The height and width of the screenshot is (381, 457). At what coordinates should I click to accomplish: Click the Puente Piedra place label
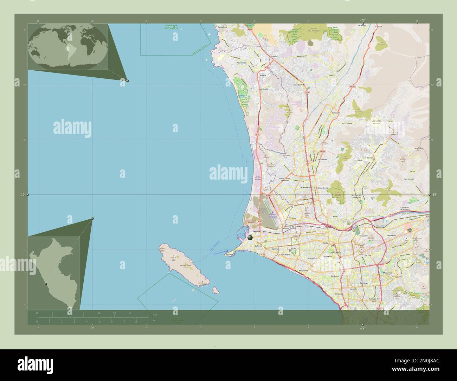click(x=300, y=85)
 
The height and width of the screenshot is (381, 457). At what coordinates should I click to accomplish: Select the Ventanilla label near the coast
click(x=264, y=89)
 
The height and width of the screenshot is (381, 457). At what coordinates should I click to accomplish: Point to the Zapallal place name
click(x=275, y=56)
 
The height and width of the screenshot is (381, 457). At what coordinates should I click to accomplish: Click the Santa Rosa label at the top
click(x=223, y=27)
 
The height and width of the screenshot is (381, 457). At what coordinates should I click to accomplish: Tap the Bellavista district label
click(x=258, y=246)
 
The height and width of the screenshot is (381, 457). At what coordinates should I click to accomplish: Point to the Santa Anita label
click(x=392, y=235)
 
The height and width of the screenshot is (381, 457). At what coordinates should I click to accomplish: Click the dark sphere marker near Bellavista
click(x=250, y=238)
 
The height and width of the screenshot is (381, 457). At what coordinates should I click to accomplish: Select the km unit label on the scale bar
click(x=155, y=314)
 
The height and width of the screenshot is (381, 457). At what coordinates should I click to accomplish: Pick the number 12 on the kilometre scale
click(x=130, y=313)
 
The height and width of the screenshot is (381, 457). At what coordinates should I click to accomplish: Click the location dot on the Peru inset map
click(x=45, y=284)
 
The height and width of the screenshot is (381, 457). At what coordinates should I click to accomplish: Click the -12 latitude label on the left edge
click(x=22, y=195)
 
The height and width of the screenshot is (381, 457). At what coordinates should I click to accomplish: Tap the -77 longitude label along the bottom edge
click(x=362, y=328)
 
